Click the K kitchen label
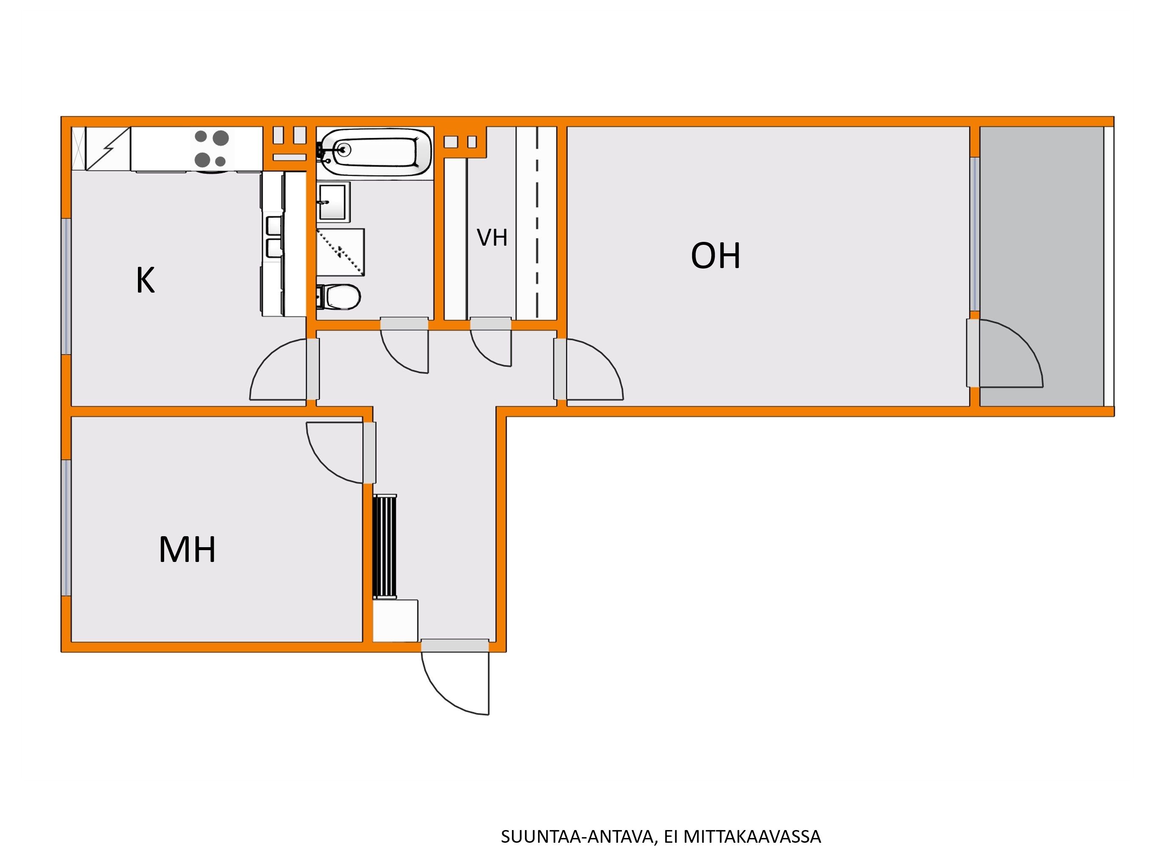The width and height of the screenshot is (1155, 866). click(x=145, y=280)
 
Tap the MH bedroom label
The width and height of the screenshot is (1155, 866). click(x=187, y=550)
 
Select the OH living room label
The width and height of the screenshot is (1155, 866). click(x=715, y=256)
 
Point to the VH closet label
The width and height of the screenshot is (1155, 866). click(x=492, y=238)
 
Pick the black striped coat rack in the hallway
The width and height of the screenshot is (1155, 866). click(x=385, y=546)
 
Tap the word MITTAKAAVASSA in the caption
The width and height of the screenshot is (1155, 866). click(x=752, y=837)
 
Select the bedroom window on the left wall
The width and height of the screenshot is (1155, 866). click(x=66, y=528)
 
